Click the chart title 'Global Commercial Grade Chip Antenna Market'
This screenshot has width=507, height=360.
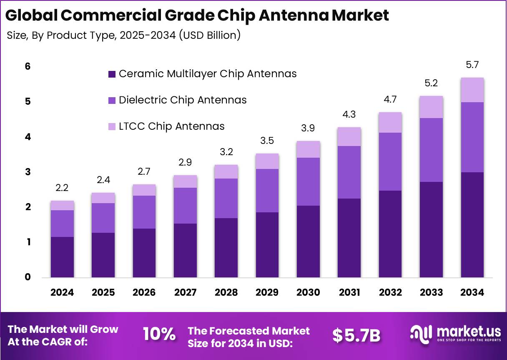(197, 15)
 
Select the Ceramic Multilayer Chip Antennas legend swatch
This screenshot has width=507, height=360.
(112, 74)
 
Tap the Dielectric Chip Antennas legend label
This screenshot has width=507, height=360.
(183, 100)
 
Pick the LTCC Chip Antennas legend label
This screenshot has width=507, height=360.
(171, 126)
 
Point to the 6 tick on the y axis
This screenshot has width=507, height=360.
(28, 66)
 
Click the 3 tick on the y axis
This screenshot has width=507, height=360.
(28, 172)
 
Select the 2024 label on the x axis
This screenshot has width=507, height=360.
(62, 292)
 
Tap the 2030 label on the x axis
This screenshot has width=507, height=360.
(308, 292)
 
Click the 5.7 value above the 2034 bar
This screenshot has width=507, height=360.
(472, 65)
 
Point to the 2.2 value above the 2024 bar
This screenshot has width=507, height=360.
(62, 188)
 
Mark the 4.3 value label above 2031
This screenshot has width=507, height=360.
(349, 114)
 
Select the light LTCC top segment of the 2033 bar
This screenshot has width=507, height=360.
(431, 107)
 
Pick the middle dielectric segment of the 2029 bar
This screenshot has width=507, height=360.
(267, 191)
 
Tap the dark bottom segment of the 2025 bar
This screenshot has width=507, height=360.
(103, 255)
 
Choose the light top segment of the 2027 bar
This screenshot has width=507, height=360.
(185, 181)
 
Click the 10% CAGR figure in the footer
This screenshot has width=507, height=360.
(159, 334)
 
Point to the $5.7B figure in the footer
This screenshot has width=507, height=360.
(356, 335)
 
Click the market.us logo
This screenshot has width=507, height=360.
(455, 334)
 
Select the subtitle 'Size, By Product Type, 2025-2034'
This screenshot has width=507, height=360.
(124, 35)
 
